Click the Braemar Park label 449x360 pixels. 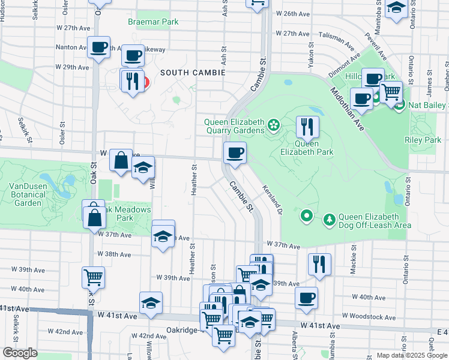click(x=153, y=22)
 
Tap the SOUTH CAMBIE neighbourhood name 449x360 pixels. click(x=192, y=73)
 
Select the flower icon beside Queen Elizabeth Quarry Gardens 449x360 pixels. click(x=274, y=125)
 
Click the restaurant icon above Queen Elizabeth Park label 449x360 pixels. click(x=307, y=127)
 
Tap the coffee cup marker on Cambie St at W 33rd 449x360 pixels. click(x=235, y=152)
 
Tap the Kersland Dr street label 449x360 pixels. click(x=272, y=199)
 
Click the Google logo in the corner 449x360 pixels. click(x=19, y=353)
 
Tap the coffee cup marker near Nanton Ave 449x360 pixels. click(x=98, y=47)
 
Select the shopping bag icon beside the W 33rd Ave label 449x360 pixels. click(x=121, y=161)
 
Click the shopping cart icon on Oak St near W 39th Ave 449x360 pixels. click(x=93, y=277)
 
